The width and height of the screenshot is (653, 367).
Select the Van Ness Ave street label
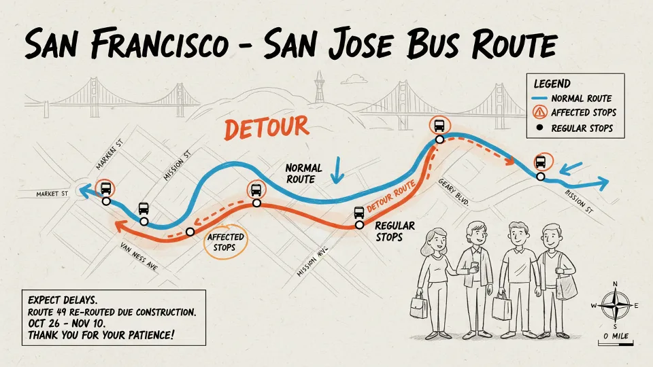coord(139,256)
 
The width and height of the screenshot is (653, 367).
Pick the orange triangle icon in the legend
coord(540,113)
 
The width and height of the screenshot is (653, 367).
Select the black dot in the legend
coord(540,128)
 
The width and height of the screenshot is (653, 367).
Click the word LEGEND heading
coord(552,84)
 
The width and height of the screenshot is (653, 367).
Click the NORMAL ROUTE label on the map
coord(300,173)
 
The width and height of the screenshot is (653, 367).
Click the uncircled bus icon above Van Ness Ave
coord(144,209)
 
